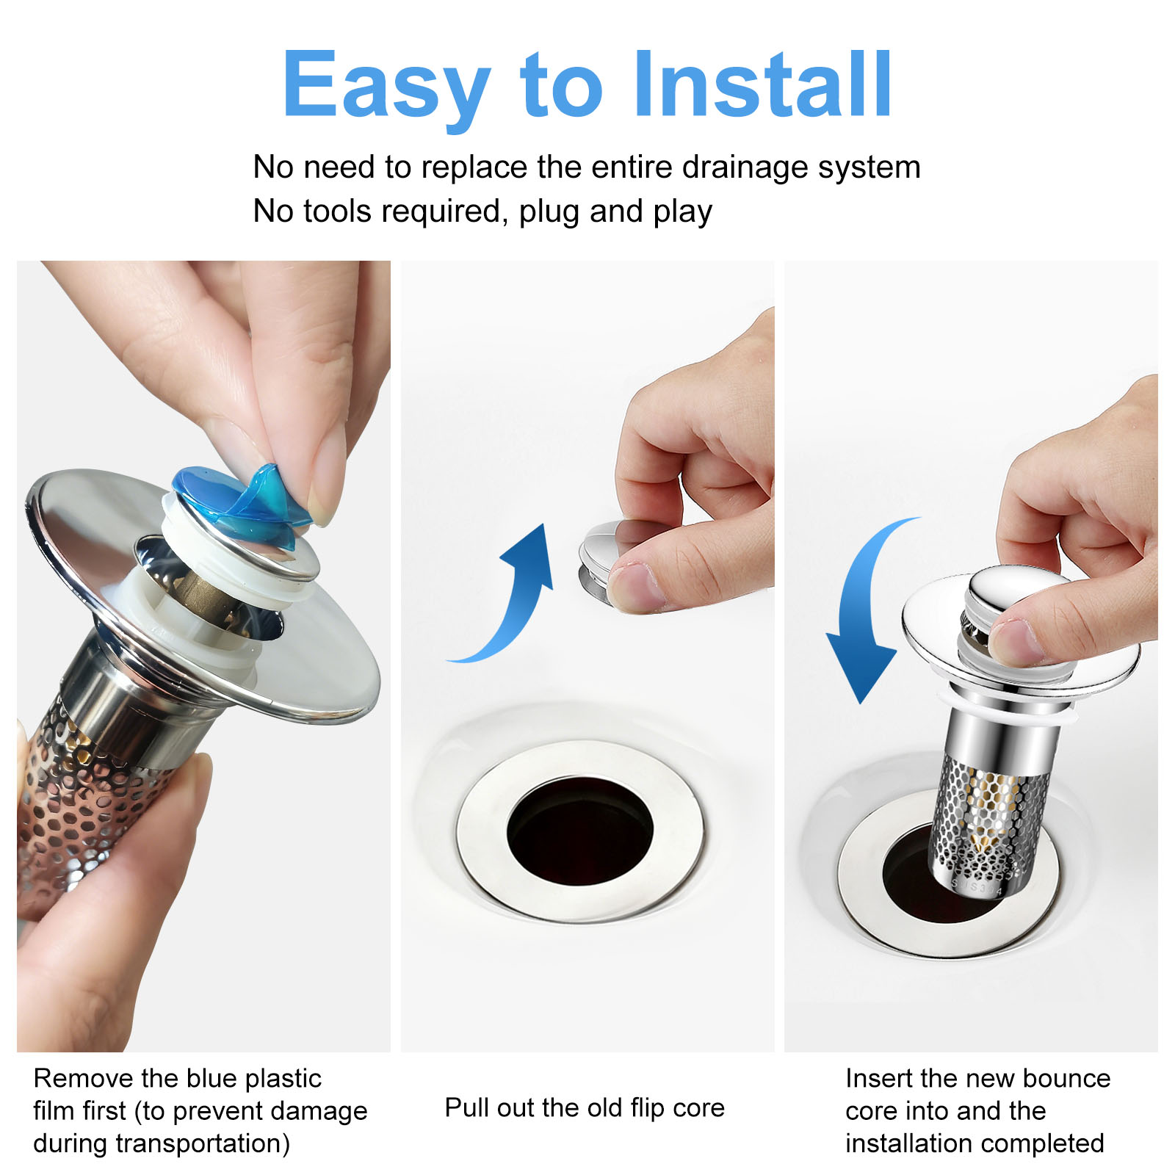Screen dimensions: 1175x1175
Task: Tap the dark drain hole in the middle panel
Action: pyautogui.click(x=580, y=831)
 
